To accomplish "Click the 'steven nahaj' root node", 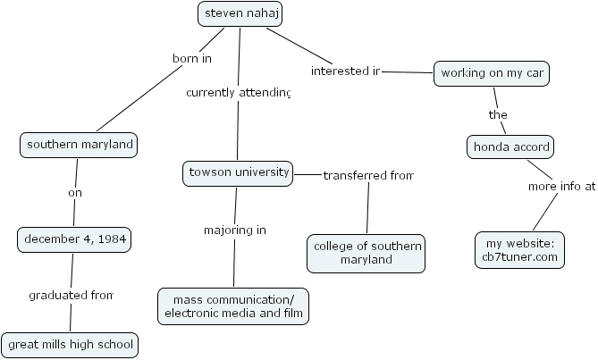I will tap(239, 13).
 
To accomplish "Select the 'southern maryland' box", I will tap(80, 145).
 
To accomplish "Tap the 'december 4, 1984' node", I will tap(74, 239).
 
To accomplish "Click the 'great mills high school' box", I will tap(70, 344).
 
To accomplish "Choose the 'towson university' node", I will tap(237, 172).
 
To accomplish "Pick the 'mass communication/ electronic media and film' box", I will tap(233, 306).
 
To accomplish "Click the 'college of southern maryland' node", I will tap(366, 253).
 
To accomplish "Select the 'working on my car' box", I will tap(491, 74).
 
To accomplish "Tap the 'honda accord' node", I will tap(512, 147).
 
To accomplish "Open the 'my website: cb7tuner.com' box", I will tap(521, 250).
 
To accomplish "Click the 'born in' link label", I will tap(191, 59).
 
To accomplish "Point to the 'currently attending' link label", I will tap(238, 92).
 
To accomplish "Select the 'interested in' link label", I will tap(346, 71).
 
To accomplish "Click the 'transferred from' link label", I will tap(368, 175).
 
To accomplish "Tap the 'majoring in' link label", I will tap(234, 230).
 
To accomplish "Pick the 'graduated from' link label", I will tap(71, 295).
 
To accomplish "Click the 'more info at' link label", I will tap(560, 187).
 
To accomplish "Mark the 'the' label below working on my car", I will tap(498, 114).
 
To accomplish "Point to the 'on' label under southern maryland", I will tap(75, 192).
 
